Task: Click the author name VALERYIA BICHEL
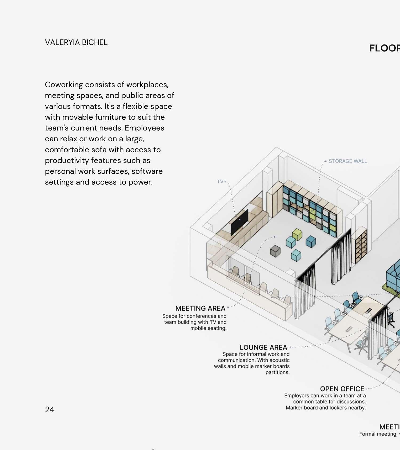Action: (76, 42)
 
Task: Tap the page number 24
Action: (49, 409)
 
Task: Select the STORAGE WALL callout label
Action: (348, 161)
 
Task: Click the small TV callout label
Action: (220, 182)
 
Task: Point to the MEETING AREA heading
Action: (200, 308)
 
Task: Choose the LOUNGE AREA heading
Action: (263, 347)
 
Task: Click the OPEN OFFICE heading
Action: (342, 389)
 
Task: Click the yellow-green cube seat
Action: (297, 234)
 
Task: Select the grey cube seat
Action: (275, 251)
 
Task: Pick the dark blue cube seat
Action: (311, 241)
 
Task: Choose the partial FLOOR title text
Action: (384, 48)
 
